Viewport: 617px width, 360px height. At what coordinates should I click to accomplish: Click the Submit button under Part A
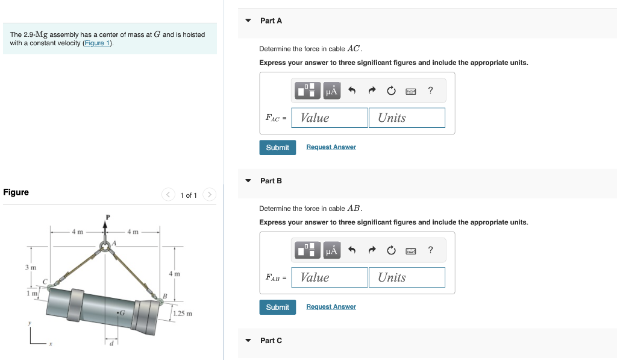coord(277,148)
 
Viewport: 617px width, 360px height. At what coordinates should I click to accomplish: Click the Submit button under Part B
coord(277,308)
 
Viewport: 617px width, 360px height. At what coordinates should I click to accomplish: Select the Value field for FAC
coord(330,118)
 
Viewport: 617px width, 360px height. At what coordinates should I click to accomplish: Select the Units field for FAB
coord(407,278)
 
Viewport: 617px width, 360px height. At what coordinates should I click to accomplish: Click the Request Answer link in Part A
coord(331,147)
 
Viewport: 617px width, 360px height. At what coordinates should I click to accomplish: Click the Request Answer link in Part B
coord(331,307)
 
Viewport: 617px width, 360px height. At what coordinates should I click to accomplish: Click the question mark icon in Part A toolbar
coord(430,90)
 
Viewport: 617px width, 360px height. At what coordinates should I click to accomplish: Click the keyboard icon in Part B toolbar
coord(411,251)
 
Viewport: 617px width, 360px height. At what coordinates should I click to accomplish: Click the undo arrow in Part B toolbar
coord(352,251)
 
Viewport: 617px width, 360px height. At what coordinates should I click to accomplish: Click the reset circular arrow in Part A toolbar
coord(391,91)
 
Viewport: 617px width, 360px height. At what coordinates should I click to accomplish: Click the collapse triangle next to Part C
coord(248,341)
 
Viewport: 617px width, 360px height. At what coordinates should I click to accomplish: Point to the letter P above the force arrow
coord(108,217)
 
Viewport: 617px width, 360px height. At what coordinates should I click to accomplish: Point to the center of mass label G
coord(122,312)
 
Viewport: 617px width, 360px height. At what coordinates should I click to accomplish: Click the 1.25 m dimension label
coord(182,314)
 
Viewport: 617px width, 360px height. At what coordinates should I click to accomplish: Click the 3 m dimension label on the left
coord(30,267)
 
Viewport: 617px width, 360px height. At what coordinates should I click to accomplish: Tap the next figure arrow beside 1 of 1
coord(209,195)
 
